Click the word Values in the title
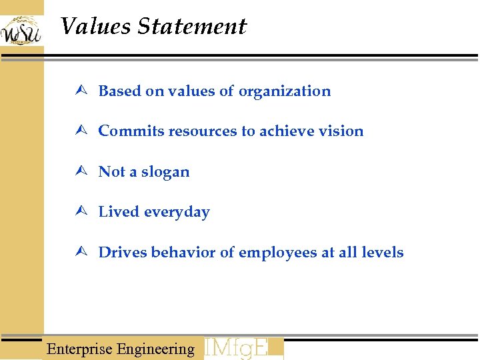95,27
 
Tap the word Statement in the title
192,27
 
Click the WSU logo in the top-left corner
21,29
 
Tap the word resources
203,131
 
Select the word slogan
165,173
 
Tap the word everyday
177,213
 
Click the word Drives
123,253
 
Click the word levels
382,253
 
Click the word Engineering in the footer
155,349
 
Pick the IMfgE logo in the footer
243,349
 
